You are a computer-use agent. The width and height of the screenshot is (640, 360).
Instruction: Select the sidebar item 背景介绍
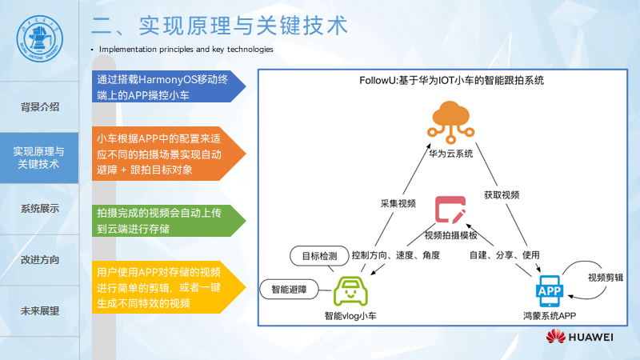tap(39, 107)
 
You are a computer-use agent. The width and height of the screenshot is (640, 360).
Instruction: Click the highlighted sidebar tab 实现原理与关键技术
tap(39, 158)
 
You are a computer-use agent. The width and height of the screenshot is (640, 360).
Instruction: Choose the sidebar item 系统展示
tap(39, 209)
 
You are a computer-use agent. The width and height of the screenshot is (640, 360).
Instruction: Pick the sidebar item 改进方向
tap(39, 260)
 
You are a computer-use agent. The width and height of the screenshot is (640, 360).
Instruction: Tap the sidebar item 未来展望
tap(39, 311)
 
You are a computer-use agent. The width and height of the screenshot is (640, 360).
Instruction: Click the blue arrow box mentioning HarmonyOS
tap(164, 88)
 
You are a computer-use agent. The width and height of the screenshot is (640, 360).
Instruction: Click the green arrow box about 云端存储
tap(164, 221)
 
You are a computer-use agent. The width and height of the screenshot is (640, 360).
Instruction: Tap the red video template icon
tap(450, 210)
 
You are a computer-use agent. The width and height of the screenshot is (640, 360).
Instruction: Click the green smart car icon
tap(350, 290)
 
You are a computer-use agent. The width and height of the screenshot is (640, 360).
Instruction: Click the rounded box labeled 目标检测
tap(318, 257)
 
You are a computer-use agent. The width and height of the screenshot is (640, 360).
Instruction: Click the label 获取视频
tap(502, 194)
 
